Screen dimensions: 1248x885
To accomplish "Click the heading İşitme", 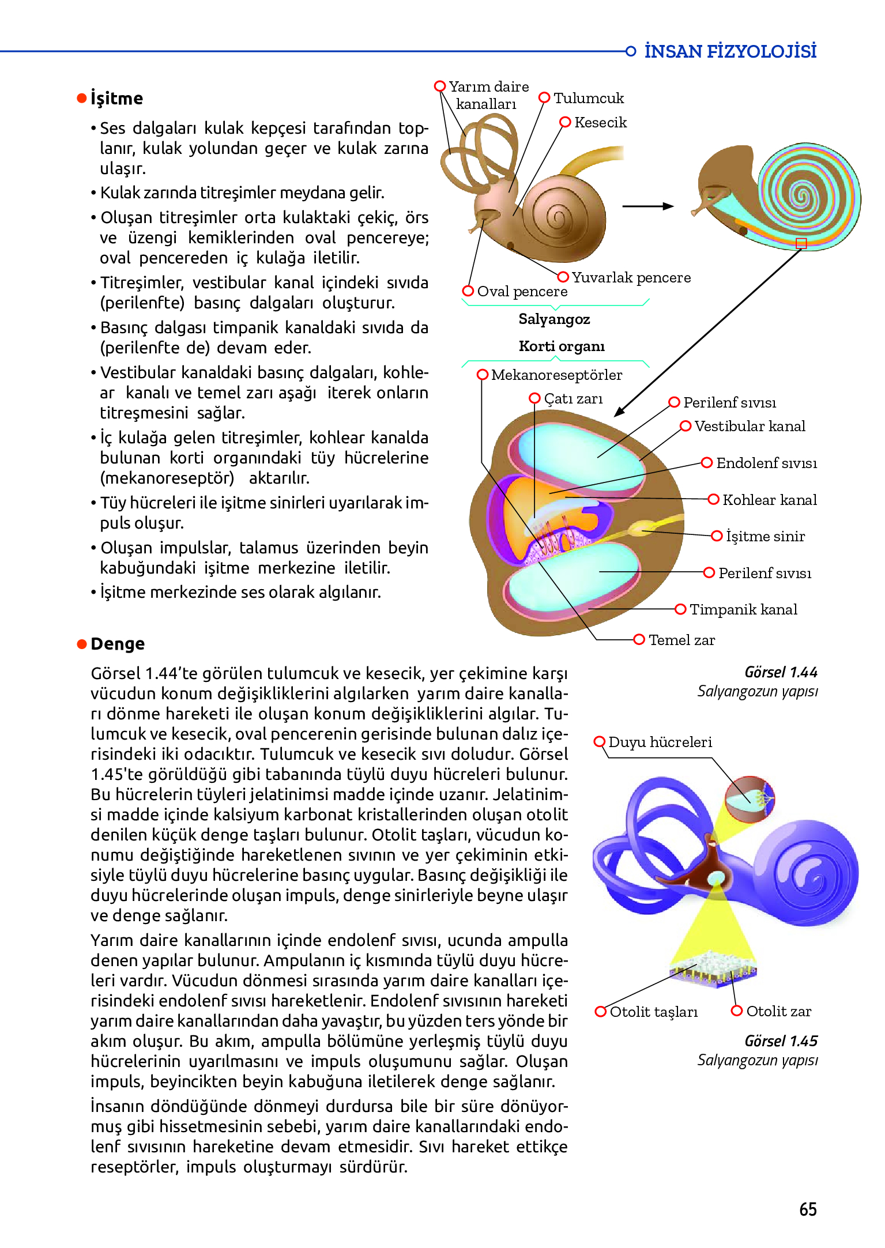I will coord(116,99).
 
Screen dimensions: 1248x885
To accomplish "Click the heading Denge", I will coord(118,644).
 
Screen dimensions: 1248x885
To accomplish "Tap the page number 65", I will coord(808,1209).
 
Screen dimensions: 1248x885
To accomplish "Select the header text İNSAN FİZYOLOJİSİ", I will coord(730,51).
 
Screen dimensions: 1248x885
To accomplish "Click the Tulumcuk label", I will coord(589,99).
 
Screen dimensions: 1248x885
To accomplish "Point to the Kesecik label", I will coord(600,123).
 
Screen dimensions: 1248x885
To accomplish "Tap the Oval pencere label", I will coord(522,292).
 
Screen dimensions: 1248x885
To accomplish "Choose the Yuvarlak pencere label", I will coord(631,278).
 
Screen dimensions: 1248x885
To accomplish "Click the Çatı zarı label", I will coord(573,399).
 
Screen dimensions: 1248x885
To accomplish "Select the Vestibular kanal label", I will coord(750,427).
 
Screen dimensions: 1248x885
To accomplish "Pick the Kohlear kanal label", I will coord(769,500).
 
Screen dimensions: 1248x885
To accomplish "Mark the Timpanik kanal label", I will coord(743,610).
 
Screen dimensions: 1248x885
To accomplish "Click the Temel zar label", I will coord(681,640).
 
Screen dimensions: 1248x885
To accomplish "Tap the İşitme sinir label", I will coord(765,537).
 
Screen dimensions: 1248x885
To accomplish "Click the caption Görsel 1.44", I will coord(781,673).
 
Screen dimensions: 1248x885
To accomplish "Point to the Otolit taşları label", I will coord(653,1012).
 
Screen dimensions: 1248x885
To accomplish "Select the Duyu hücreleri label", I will coord(660,742).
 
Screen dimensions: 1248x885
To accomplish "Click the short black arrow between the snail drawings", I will coord(648,206).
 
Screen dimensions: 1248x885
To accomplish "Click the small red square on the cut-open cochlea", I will coord(801,243).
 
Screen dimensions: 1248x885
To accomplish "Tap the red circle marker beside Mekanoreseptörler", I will coord(483,375).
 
